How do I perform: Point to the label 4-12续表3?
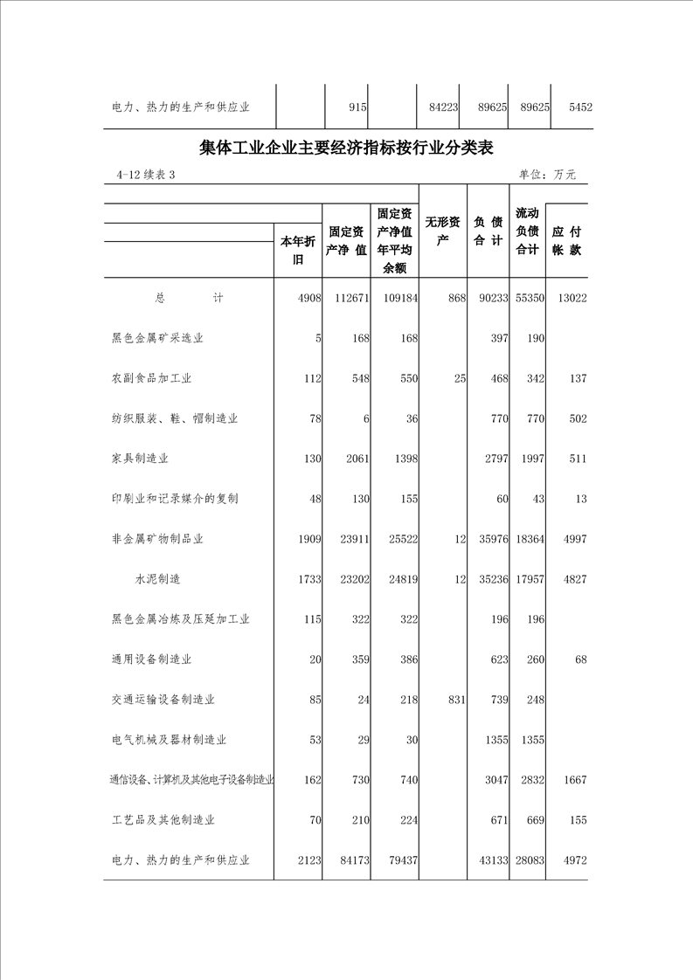pos(146,175)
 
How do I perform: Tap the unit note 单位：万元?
pos(547,175)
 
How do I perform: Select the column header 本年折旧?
pos(298,251)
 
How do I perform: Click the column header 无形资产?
pos(442,231)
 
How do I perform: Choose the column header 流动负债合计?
pos(527,231)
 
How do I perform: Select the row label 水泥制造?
pos(158,579)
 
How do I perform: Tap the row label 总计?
pos(189,299)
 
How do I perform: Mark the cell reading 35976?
pos(490,539)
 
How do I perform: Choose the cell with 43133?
pos(490,860)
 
